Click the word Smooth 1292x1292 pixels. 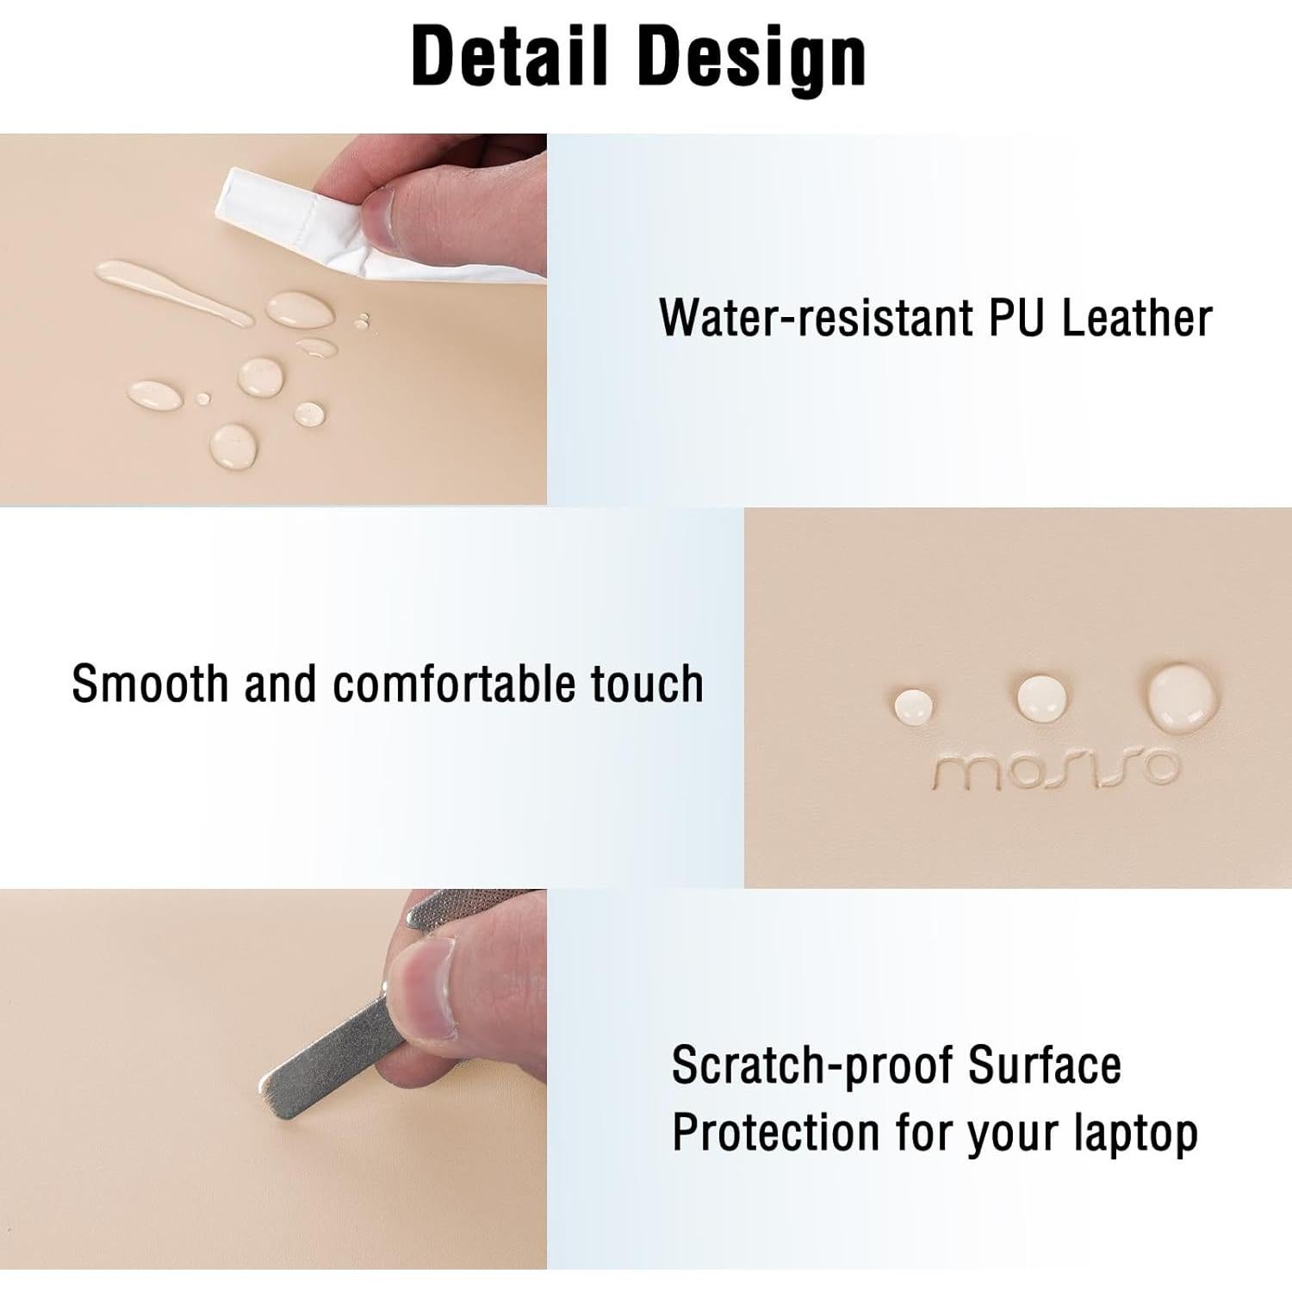(150, 684)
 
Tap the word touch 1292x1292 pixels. (647, 684)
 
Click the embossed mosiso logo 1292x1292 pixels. (1055, 769)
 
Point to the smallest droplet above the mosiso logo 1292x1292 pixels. (914, 705)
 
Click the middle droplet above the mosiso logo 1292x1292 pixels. (1043, 697)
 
